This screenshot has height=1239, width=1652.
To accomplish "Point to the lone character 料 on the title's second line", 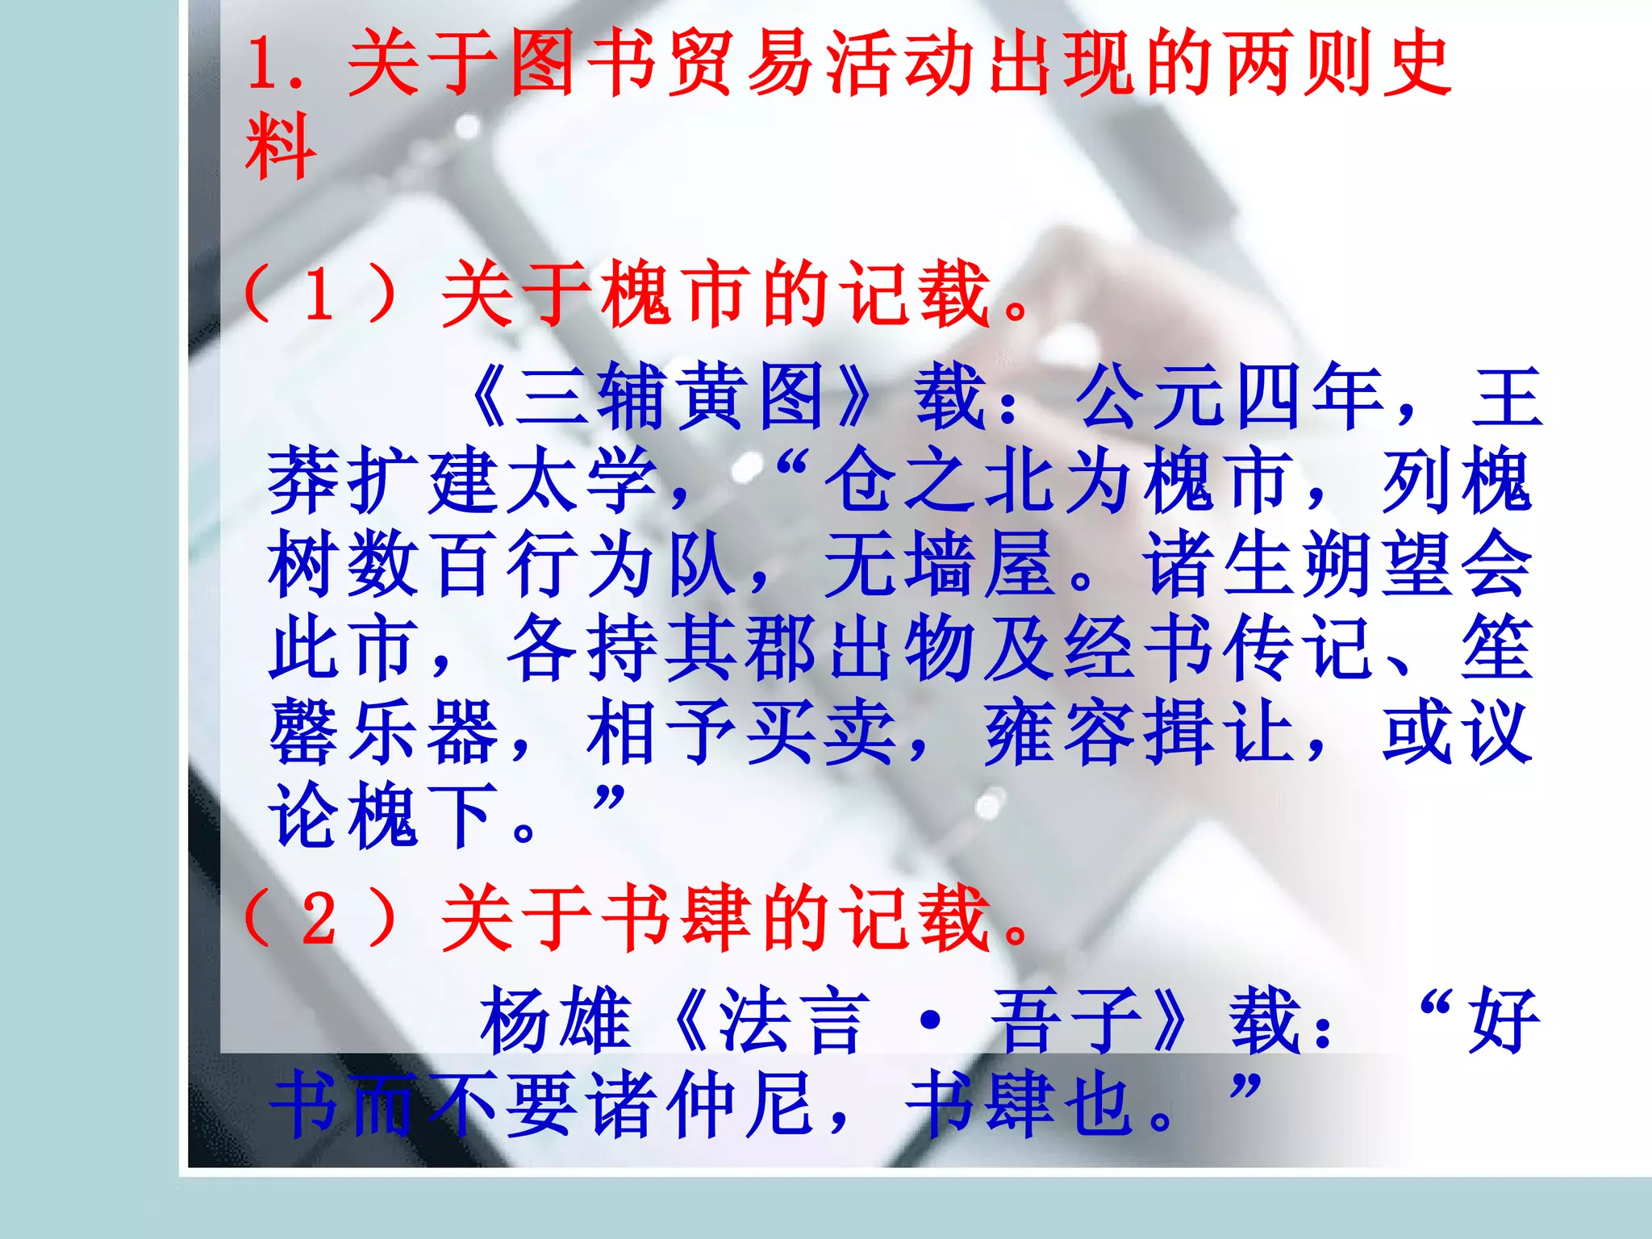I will pos(280,147).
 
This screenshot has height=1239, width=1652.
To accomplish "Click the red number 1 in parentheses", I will pos(320,294).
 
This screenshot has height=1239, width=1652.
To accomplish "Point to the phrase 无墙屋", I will pos(939,565).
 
